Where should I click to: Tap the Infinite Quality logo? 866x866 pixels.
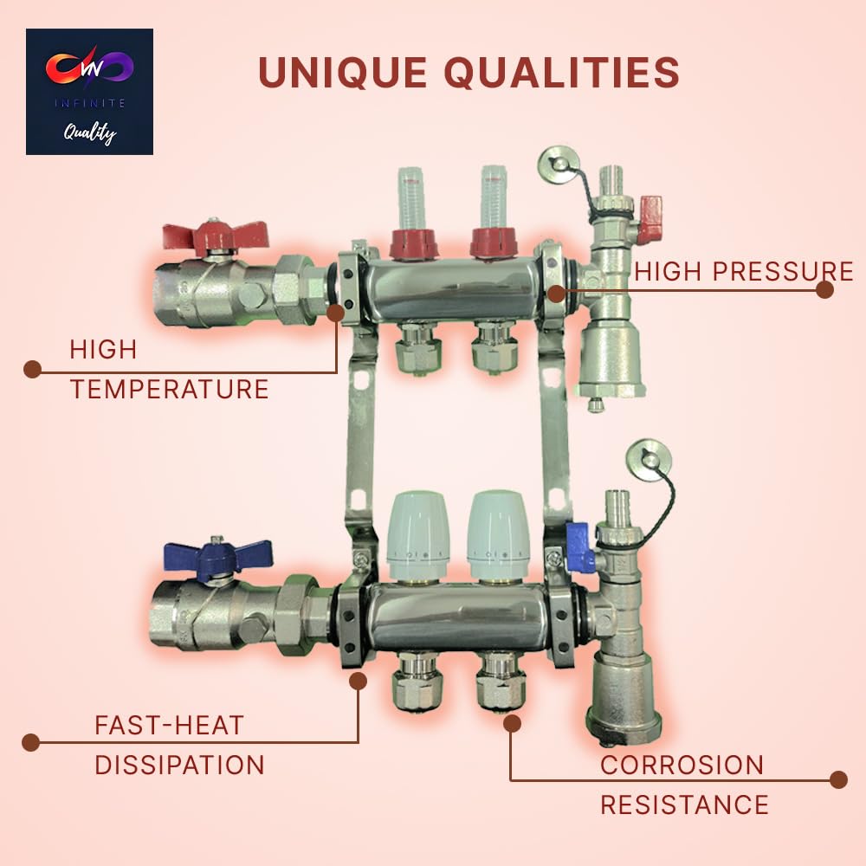coord(89,92)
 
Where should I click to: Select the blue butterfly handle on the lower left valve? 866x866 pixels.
coord(217,553)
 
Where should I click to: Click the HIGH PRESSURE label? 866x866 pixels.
coord(744,270)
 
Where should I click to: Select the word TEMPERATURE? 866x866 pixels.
coord(170,389)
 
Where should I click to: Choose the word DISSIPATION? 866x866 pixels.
coord(179,765)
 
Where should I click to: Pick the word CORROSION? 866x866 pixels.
coord(682,765)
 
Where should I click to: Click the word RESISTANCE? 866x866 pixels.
coord(684,805)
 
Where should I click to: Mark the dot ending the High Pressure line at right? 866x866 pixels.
coord(824,289)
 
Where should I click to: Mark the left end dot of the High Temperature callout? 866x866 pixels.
coord(32,370)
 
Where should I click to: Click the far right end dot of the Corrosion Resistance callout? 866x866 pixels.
coord(837,779)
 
